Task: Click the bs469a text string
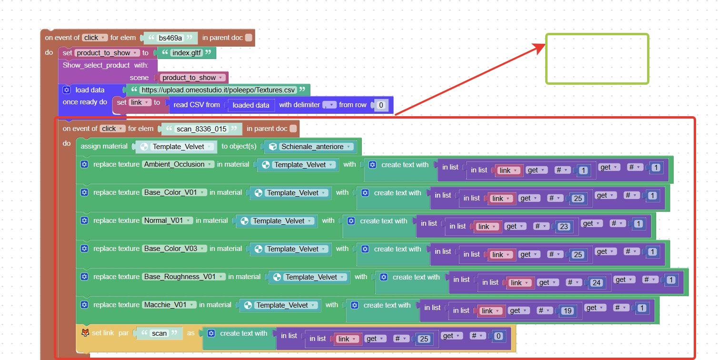coord(170,38)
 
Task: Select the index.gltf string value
coord(187,53)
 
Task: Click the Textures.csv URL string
coord(218,90)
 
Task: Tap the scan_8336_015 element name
coord(201,129)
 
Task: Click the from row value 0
coord(381,105)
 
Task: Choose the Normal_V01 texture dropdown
coord(167,220)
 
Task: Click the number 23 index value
coord(564,227)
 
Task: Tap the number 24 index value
coord(596,283)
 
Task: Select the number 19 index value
coord(568,311)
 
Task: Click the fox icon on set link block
coord(85,333)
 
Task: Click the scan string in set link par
coord(160,333)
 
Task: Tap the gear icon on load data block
coord(67,90)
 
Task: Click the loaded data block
coord(250,105)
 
